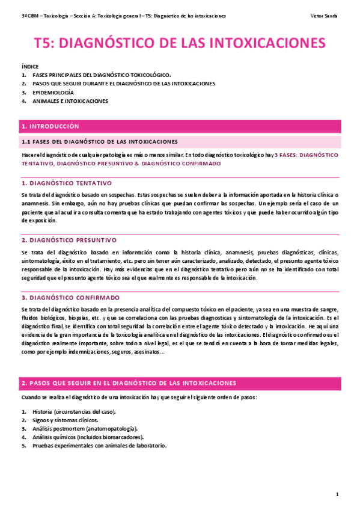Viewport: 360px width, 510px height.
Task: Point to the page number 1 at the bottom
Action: click(x=338, y=494)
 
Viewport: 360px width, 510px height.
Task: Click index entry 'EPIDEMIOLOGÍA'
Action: click(x=53, y=93)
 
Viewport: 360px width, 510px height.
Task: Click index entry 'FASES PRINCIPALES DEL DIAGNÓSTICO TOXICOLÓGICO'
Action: click(x=102, y=75)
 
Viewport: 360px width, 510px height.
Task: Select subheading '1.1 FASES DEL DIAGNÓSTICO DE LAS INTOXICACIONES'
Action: click(x=99, y=142)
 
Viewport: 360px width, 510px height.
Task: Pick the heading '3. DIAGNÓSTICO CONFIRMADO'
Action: click(x=70, y=297)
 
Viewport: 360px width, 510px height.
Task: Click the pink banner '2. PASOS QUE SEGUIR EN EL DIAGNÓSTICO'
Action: click(x=129, y=383)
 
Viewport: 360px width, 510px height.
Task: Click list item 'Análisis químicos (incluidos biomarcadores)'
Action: click(x=84, y=437)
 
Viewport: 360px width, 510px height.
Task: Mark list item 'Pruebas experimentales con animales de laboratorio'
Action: click(x=99, y=446)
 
